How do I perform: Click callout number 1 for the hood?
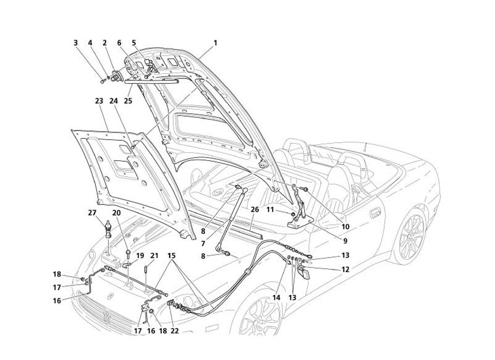[215, 43]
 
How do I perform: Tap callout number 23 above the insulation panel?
[99, 102]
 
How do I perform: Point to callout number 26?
[255, 209]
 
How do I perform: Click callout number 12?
[345, 270]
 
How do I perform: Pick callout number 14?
[276, 297]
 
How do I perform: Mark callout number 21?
[154, 256]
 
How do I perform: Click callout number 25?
[128, 101]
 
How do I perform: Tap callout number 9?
[346, 240]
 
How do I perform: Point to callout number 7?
[203, 243]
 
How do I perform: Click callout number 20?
[117, 213]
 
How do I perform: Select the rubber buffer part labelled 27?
[108, 229]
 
